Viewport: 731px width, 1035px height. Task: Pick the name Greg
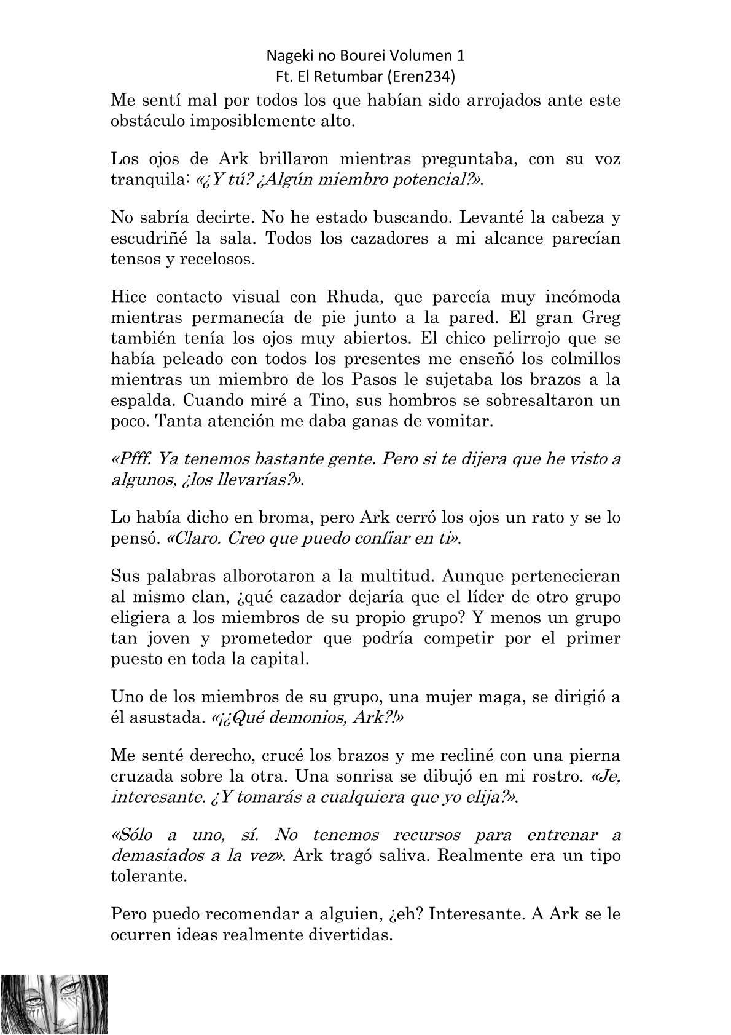pos(600,318)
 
